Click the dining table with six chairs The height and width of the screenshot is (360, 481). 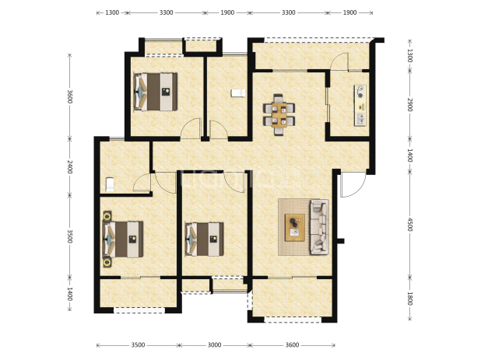(x=279, y=115)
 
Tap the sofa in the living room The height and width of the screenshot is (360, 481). (x=319, y=227)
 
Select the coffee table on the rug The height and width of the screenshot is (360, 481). (x=295, y=227)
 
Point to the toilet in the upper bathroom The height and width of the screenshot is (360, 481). (x=238, y=93)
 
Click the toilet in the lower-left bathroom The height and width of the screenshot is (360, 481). (x=110, y=184)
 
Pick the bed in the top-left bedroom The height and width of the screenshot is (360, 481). (x=156, y=91)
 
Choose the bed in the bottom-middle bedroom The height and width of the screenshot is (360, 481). (x=204, y=239)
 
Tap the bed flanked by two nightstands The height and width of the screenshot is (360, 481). (x=123, y=239)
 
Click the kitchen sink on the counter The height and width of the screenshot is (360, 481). (x=360, y=118)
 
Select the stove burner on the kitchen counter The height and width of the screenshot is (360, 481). (x=360, y=92)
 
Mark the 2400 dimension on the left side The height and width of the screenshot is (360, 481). (x=70, y=166)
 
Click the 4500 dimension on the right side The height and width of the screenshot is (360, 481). (x=410, y=225)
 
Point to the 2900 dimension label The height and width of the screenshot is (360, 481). (x=410, y=105)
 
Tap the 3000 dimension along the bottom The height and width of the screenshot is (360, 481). (x=214, y=345)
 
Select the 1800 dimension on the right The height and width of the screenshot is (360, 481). (x=410, y=299)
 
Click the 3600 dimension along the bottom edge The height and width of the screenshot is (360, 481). (x=292, y=345)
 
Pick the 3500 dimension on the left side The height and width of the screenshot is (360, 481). (x=70, y=236)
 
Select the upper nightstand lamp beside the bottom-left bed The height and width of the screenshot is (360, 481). (x=107, y=217)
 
